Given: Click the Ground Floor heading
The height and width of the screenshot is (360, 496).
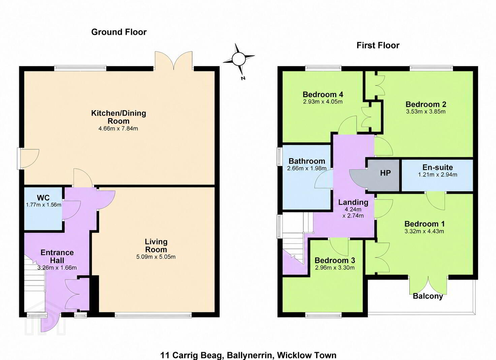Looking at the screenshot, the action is (x=119, y=32).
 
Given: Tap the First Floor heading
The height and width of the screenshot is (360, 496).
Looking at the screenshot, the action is (x=378, y=46).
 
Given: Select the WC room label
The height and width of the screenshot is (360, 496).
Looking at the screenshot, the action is (x=43, y=198).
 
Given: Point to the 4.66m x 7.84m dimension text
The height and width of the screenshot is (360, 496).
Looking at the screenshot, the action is (x=118, y=128).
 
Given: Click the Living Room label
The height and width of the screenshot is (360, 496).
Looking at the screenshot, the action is (x=156, y=246).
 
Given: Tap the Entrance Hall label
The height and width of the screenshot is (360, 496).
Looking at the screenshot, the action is (x=57, y=257).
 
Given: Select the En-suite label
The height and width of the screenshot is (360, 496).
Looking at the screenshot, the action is (x=438, y=167).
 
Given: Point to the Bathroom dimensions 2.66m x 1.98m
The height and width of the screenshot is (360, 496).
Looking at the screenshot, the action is (x=307, y=168).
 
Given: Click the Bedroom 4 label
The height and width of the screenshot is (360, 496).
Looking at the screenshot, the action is (x=323, y=95).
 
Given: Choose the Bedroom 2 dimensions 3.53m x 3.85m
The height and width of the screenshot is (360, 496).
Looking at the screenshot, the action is (x=426, y=112).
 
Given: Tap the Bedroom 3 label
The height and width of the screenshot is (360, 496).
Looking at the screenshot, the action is (x=335, y=260).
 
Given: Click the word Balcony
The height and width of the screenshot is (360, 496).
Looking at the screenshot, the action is (x=428, y=296).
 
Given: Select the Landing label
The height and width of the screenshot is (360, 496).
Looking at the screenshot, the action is (x=353, y=202).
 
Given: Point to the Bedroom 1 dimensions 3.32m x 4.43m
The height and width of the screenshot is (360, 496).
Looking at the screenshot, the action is (x=424, y=232).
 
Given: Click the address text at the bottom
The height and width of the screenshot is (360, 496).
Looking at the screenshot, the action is (x=248, y=355).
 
